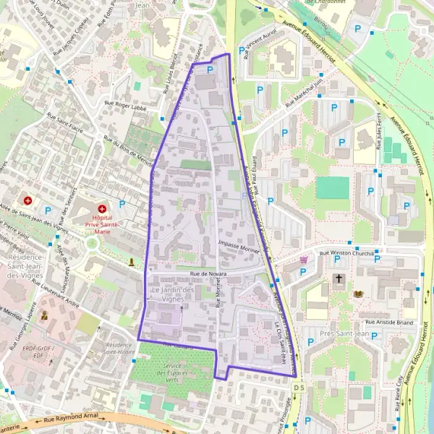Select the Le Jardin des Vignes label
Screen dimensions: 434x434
173,294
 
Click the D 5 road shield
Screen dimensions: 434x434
298,388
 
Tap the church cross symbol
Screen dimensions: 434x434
338,278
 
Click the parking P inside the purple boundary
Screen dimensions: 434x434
210,69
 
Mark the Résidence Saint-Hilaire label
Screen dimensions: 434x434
119,349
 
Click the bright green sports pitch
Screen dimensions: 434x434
332,187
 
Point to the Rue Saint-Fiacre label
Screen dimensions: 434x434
66,120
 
